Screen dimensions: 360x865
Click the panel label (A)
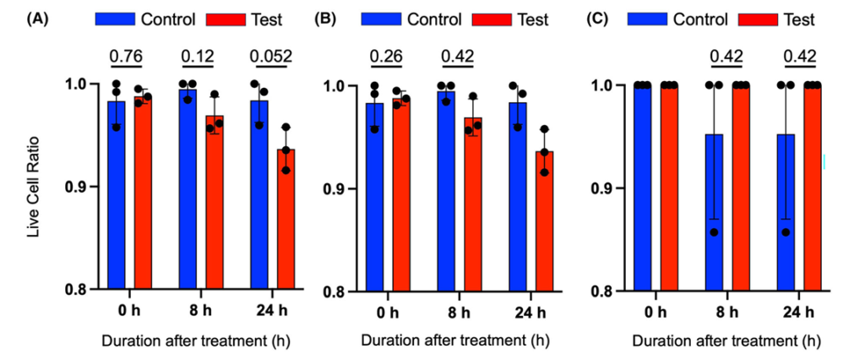coord(38,18)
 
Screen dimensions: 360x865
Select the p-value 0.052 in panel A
coord(271,57)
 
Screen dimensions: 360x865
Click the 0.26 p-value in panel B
coord(386,57)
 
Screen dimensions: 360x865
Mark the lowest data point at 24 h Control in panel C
coord(786,232)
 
